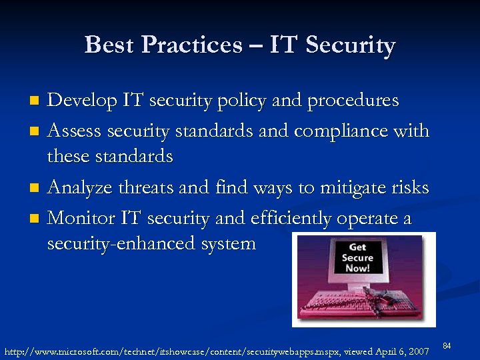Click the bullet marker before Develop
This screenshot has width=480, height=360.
[37, 101]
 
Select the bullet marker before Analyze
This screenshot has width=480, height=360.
[37, 187]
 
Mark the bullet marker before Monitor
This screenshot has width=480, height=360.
[37, 218]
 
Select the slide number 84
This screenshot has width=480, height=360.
[447, 345]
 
